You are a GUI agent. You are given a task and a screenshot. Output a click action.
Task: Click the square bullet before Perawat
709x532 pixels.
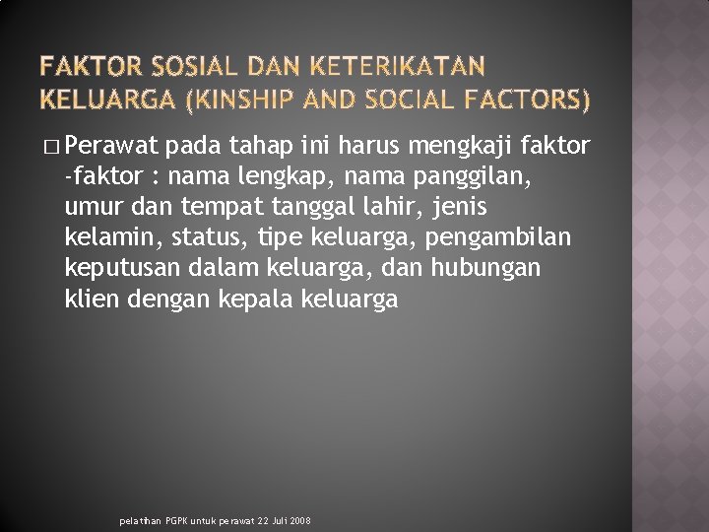coord(50,149)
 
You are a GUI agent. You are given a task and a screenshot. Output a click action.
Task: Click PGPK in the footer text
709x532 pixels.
coord(178,520)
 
